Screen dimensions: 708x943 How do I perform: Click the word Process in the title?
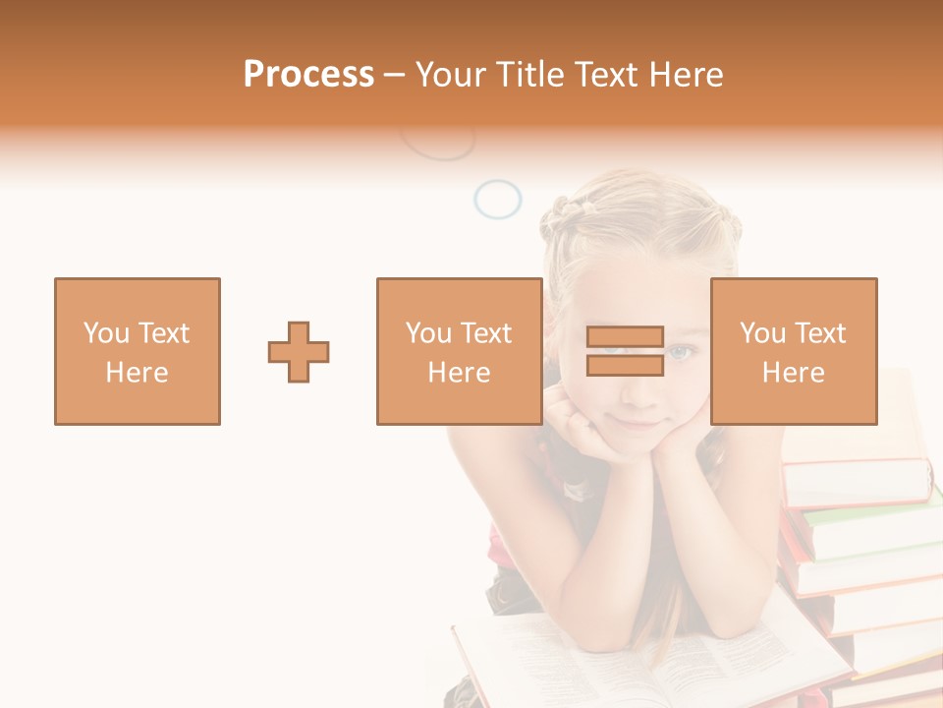tap(308, 75)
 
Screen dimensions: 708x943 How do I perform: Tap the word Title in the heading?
tap(527, 75)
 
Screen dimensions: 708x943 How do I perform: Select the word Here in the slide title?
tap(686, 75)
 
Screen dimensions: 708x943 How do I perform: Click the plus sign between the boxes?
tap(299, 351)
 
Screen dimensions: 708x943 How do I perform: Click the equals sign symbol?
tap(625, 351)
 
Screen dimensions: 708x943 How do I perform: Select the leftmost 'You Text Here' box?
tap(137, 351)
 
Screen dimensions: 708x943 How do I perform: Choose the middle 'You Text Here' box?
tap(459, 351)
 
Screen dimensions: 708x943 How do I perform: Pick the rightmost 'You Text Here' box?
tap(793, 351)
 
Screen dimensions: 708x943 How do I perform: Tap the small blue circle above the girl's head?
tap(497, 199)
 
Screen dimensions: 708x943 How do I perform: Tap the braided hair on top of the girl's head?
tap(565, 208)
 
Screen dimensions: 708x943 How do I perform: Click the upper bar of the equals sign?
tap(625, 337)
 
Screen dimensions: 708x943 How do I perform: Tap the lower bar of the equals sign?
tap(625, 365)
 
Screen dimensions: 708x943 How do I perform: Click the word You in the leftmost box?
tap(106, 333)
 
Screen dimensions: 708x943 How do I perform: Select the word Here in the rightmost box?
tap(793, 373)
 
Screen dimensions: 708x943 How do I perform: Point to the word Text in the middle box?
tap(486, 333)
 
